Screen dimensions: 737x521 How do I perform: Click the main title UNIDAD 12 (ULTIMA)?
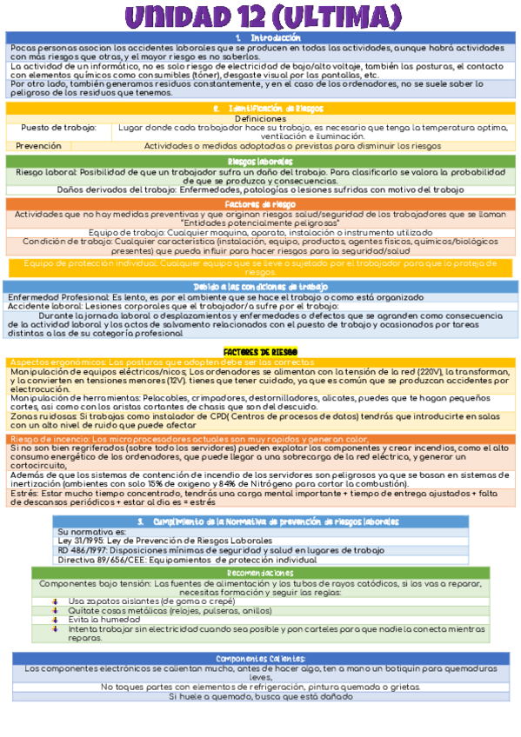(x=260, y=17)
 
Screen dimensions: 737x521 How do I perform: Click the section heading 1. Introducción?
(x=262, y=38)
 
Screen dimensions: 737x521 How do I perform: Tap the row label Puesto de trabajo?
(x=58, y=127)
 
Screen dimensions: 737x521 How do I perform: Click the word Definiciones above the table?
(x=260, y=118)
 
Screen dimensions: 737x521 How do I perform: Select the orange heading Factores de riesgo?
(x=261, y=204)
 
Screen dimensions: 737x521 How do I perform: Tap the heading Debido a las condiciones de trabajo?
(x=261, y=287)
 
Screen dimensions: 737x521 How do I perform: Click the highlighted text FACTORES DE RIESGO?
(x=260, y=351)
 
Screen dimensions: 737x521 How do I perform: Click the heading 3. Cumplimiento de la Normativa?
(x=269, y=521)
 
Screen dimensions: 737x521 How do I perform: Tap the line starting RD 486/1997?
(x=220, y=550)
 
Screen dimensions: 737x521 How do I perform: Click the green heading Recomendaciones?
(x=260, y=574)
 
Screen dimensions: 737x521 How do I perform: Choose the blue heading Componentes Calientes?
(x=260, y=659)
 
